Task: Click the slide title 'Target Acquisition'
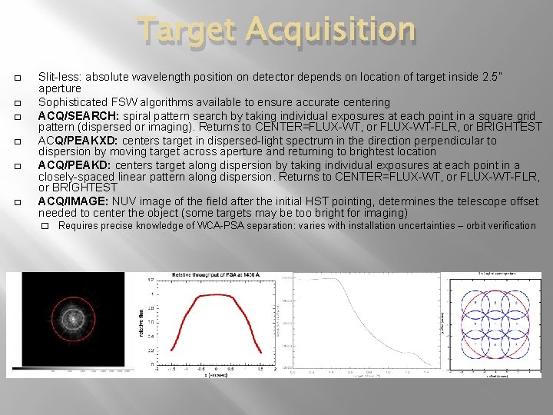[x=276, y=31]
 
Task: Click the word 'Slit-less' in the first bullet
[x=60, y=78]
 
